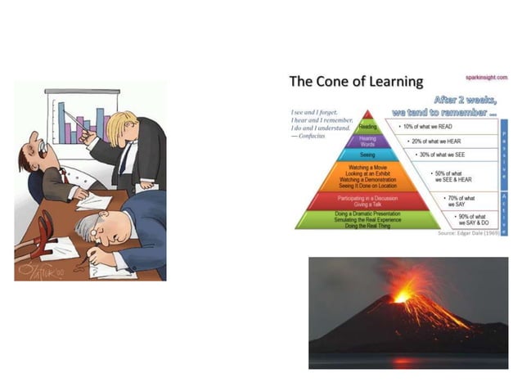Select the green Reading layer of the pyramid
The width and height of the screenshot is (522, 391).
point(367,127)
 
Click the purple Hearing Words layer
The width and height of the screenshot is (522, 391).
point(367,141)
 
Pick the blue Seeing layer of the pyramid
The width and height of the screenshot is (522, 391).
point(367,155)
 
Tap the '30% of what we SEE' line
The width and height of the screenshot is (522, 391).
point(434,155)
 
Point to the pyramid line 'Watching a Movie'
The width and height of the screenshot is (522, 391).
point(367,167)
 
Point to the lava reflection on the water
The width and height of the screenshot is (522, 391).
point(403,361)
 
